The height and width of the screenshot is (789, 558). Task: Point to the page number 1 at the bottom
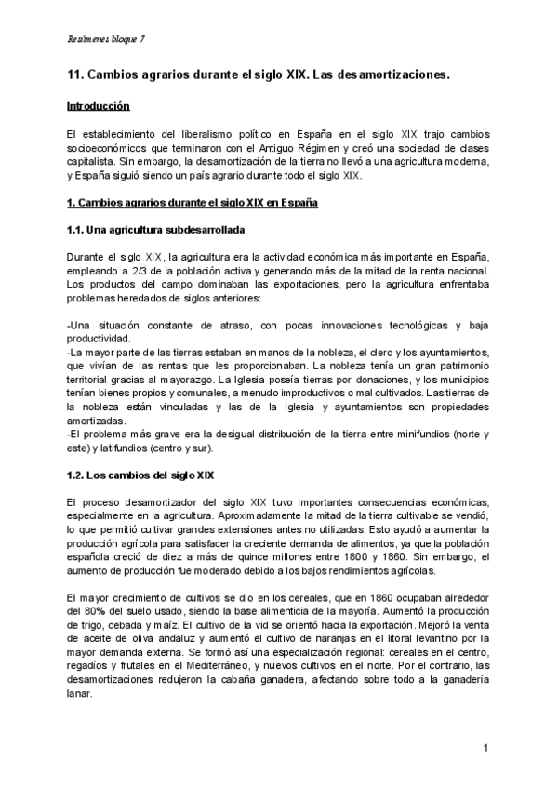click(x=486, y=748)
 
